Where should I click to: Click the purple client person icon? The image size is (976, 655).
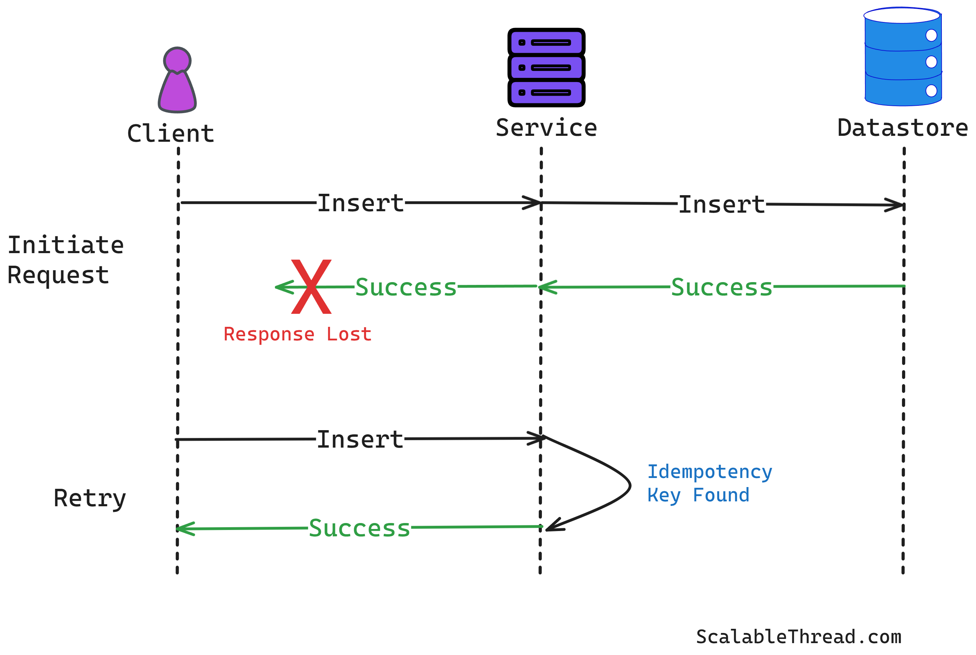pos(177,80)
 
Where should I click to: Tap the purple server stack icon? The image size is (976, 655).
pos(546,68)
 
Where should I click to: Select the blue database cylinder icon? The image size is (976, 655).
pos(902,57)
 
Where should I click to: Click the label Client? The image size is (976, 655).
pos(170,134)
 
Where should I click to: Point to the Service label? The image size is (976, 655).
pos(546,128)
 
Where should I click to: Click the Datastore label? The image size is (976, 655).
pos(902,128)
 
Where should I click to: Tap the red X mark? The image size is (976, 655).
pos(311,287)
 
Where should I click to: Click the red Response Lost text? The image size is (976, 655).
pos(297,334)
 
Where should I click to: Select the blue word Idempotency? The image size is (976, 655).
pos(710,472)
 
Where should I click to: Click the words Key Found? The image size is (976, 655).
pos(698,495)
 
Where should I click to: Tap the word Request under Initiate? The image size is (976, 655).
pos(58,275)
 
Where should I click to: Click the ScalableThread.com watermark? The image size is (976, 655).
pos(798,636)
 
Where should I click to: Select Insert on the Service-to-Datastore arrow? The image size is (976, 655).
pos(721,205)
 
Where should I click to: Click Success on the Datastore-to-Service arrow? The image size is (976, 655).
pos(721,287)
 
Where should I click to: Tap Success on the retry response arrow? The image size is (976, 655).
pos(359,528)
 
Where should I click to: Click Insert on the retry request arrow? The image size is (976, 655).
pos(360,440)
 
